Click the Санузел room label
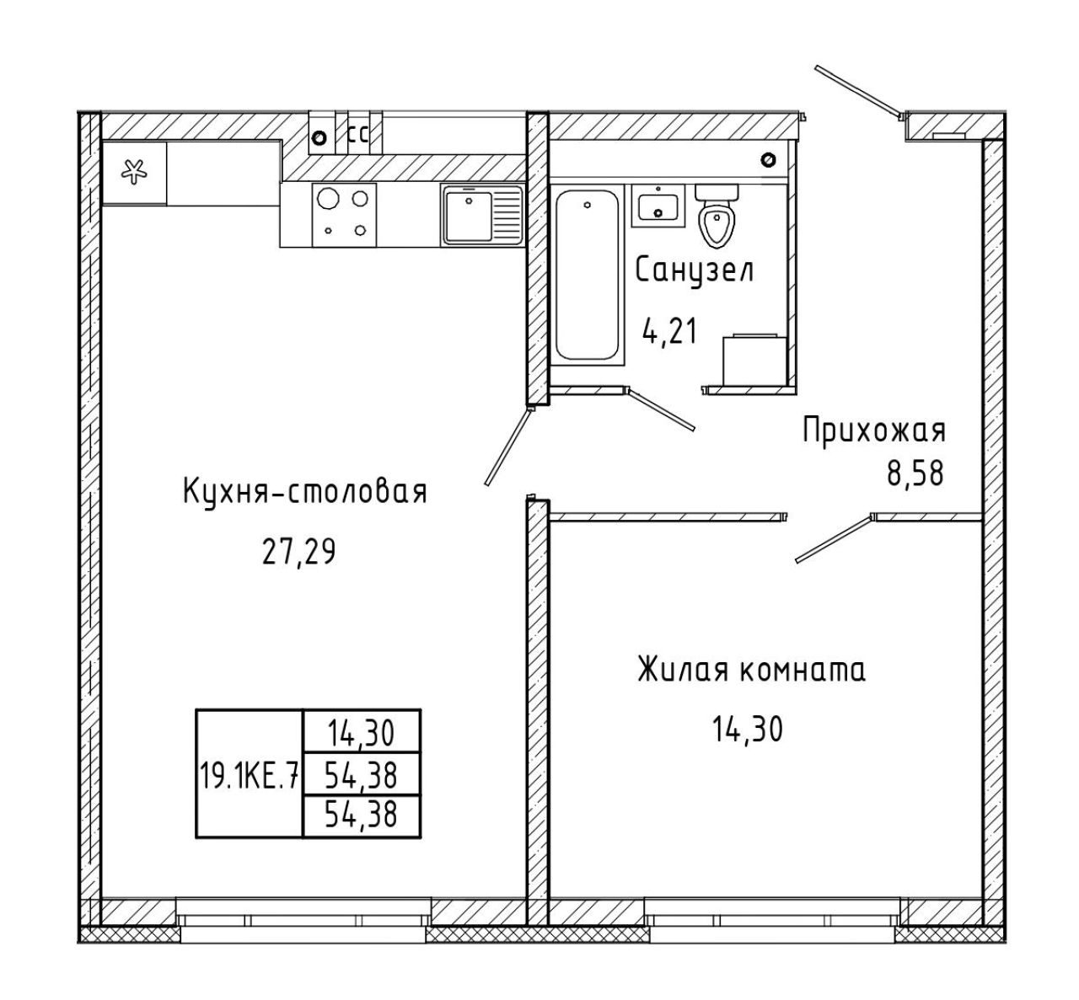click(695, 270)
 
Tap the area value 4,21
click(669, 331)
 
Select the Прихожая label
click(874, 430)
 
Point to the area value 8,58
click(915, 473)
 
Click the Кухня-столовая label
click(305, 491)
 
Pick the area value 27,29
click(298, 553)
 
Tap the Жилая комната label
click(752, 670)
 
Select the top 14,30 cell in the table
click(361, 733)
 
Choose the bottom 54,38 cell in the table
click(361, 815)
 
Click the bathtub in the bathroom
click(588, 275)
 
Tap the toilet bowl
click(717, 216)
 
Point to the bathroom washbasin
click(658, 206)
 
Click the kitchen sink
click(482, 215)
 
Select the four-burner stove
click(344, 215)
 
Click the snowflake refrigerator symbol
click(134, 172)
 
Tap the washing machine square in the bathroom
click(754, 361)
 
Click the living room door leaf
click(834, 538)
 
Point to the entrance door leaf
click(858, 91)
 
